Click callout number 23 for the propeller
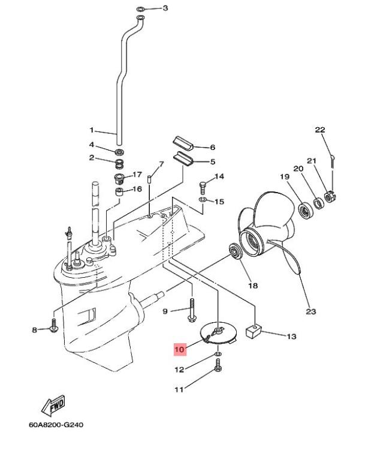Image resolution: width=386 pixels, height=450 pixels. click(x=310, y=311)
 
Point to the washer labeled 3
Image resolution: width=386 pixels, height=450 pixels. click(x=140, y=9)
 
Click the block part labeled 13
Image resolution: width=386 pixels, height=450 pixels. click(x=254, y=330)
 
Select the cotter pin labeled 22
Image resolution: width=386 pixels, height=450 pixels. click(x=331, y=160)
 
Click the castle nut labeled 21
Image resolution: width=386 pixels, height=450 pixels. click(x=329, y=196)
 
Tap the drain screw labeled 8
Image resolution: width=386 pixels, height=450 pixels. click(x=53, y=327)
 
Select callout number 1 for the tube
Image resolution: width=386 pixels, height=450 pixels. click(x=92, y=130)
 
